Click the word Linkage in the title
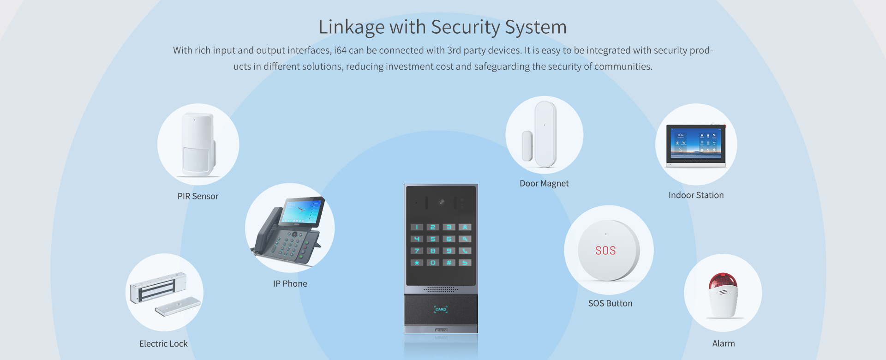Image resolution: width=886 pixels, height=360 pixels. coord(352,27)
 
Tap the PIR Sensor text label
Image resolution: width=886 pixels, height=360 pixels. coord(198,196)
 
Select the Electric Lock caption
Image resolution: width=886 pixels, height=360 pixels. coord(163,343)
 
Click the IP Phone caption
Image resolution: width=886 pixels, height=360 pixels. coord(290,283)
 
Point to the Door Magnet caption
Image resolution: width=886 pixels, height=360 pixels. coord(544,183)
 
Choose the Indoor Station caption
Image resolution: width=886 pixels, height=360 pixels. coord(696,195)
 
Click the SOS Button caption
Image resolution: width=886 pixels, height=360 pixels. coord(610,303)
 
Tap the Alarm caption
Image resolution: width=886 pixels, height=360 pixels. coord(724,343)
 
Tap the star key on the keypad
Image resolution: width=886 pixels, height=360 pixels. coord(417,263)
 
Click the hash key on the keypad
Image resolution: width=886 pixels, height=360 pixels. coord(449,263)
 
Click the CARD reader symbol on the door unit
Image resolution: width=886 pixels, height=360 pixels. coord(441,309)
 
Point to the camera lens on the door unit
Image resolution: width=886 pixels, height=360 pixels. coord(442,202)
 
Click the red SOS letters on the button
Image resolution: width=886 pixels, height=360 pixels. coord(605,251)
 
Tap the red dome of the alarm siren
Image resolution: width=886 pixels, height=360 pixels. coord(723,280)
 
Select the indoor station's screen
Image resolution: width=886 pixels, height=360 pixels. coord(695,144)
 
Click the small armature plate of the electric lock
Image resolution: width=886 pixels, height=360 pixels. coord(178,306)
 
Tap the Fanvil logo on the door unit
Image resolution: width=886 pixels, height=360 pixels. coord(441,330)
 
